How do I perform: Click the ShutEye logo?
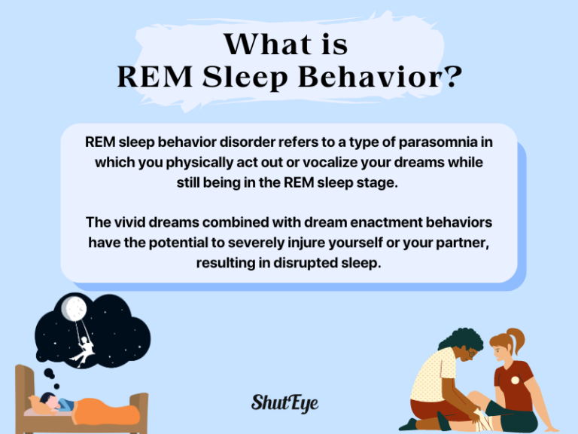(x=284, y=402)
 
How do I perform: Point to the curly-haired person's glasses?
(x=472, y=352)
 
